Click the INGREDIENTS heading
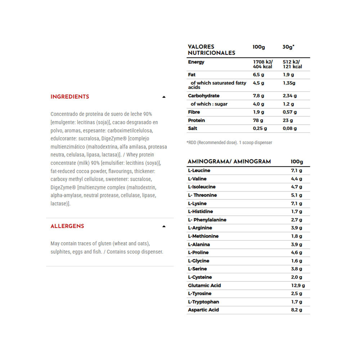(x=70, y=97)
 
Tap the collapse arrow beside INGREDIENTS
(x=164, y=97)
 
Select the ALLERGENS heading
(x=67, y=226)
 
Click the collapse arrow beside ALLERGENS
(x=164, y=226)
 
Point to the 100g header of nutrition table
(x=258, y=47)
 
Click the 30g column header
(x=288, y=47)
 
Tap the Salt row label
(x=193, y=129)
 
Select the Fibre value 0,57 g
(x=290, y=112)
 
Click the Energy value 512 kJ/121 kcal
(x=292, y=64)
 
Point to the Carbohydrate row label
(x=204, y=96)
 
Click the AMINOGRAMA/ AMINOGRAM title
(x=229, y=162)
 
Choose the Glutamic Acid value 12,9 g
(x=298, y=285)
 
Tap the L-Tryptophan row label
(x=203, y=302)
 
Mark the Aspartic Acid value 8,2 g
(x=296, y=310)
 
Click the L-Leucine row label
(x=199, y=171)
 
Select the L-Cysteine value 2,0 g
(x=296, y=277)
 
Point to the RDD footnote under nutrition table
(x=229, y=143)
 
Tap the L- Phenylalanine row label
(x=207, y=220)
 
